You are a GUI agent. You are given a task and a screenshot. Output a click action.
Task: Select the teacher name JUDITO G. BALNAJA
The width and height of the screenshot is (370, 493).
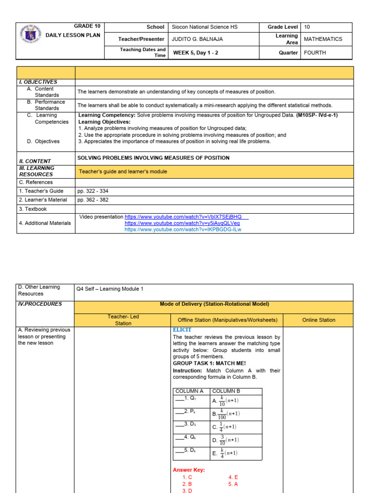[197, 39]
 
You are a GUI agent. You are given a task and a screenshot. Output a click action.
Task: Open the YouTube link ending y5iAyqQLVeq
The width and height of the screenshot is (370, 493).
[182, 223]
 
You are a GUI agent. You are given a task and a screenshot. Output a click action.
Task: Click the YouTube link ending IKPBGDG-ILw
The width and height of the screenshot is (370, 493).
[183, 230]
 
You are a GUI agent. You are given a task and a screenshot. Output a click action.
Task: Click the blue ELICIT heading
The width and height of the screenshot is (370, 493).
[182, 330]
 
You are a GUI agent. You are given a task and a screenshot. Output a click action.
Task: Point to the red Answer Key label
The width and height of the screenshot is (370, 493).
[189, 470]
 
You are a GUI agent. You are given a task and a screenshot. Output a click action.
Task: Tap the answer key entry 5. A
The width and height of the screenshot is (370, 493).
[233, 484]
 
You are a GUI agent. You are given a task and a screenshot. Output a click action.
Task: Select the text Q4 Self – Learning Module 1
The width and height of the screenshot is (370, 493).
[110, 289]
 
